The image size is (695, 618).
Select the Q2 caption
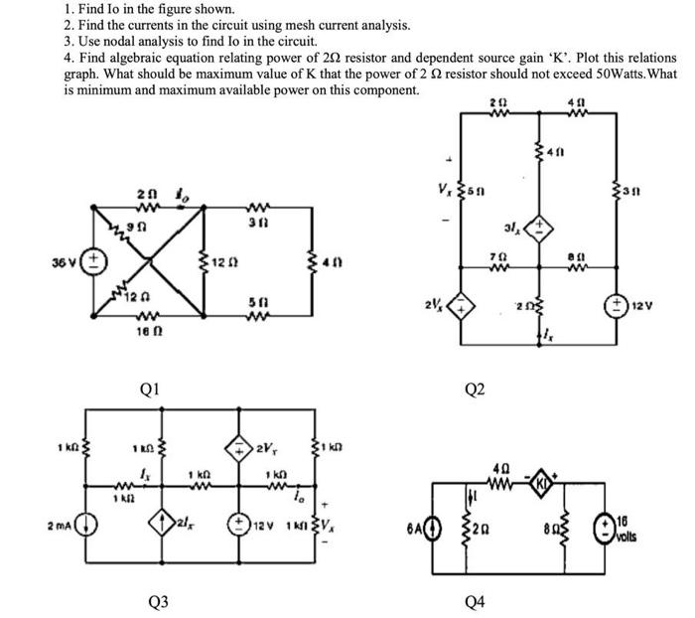pyautogui.click(x=476, y=388)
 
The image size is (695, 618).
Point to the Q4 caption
pyautogui.click(x=476, y=600)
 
